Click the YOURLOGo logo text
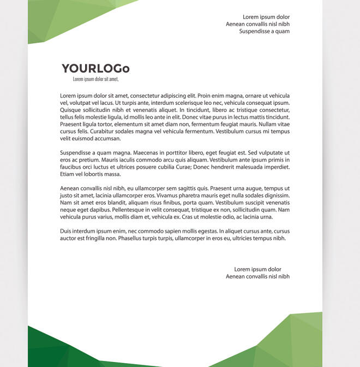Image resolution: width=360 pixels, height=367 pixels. tap(95, 69)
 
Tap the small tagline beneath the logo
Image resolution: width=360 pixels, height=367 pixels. tap(95, 79)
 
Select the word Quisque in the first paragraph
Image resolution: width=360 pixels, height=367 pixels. tap(70, 110)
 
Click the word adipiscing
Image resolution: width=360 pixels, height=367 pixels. tap(170, 95)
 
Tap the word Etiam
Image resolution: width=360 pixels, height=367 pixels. tap(67, 174)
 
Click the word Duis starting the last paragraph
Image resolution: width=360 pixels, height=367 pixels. tap(65, 231)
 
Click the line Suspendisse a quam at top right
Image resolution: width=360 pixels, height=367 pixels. tap(264, 31)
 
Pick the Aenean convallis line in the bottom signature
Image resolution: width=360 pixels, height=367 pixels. tap(257, 276)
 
